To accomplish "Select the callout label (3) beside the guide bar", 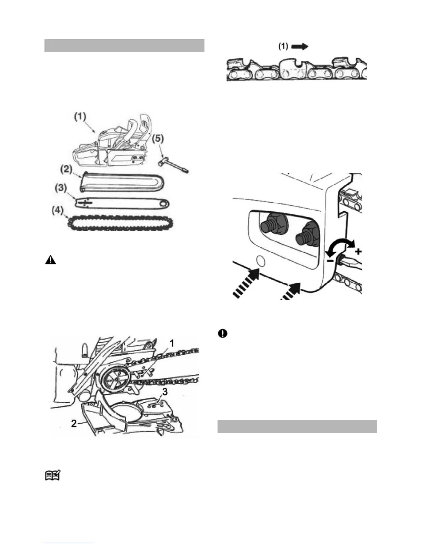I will tap(61, 189).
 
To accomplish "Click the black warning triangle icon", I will tap(50, 260).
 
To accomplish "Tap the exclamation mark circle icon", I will tap(223, 333).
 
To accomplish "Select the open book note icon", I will tap(53, 476).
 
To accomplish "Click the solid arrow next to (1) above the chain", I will tap(300, 47).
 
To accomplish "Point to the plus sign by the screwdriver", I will tap(358, 252).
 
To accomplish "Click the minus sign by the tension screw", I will tap(330, 261).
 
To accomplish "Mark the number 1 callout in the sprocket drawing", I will tap(171, 343).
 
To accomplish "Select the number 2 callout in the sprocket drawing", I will tap(74, 423).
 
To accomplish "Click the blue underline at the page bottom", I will tap(69, 543).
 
